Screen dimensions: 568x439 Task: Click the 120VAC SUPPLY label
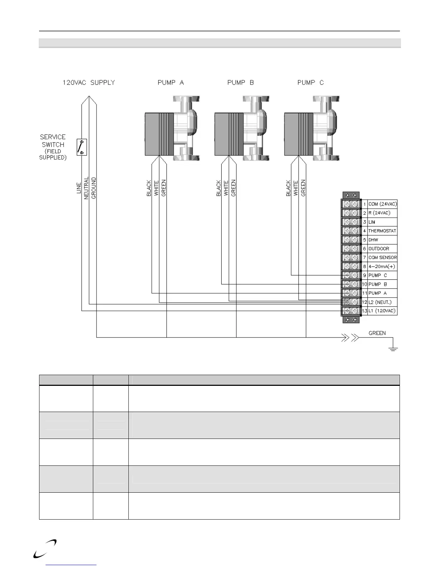[89, 82]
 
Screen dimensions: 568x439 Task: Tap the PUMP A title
[171, 82]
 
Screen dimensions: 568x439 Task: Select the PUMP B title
[240, 82]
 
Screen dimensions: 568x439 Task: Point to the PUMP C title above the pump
[311, 82]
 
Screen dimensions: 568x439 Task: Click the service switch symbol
[82, 147]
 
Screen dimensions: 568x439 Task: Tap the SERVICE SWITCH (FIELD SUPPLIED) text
[53, 147]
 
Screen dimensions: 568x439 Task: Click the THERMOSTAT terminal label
[382, 231]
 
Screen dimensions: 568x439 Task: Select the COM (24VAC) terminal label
[382, 204]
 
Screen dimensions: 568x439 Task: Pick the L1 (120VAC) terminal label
[382, 311]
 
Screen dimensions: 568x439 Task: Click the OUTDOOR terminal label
[378, 248]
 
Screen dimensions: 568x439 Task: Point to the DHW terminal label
[373, 240]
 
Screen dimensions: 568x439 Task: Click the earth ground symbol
[393, 348]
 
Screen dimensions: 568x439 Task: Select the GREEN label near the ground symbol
[377, 333]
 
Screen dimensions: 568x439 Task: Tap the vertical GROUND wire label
[94, 188]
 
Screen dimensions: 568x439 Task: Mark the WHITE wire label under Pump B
[226, 188]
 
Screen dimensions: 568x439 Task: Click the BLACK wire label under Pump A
[149, 188]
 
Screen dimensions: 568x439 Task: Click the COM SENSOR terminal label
[382, 257]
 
